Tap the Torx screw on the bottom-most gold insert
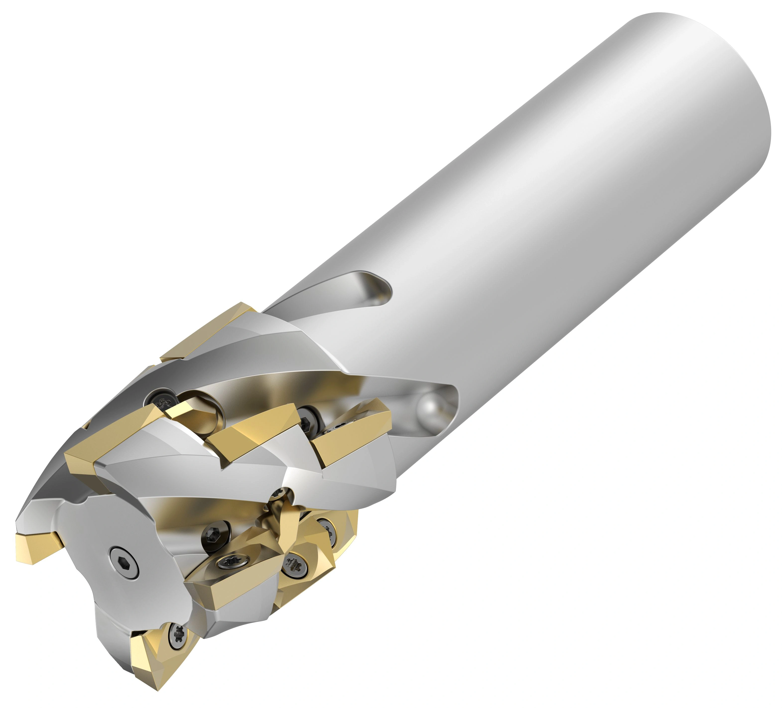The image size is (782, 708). pyautogui.click(x=179, y=634)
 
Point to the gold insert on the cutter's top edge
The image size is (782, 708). pyautogui.click(x=207, y=333)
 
